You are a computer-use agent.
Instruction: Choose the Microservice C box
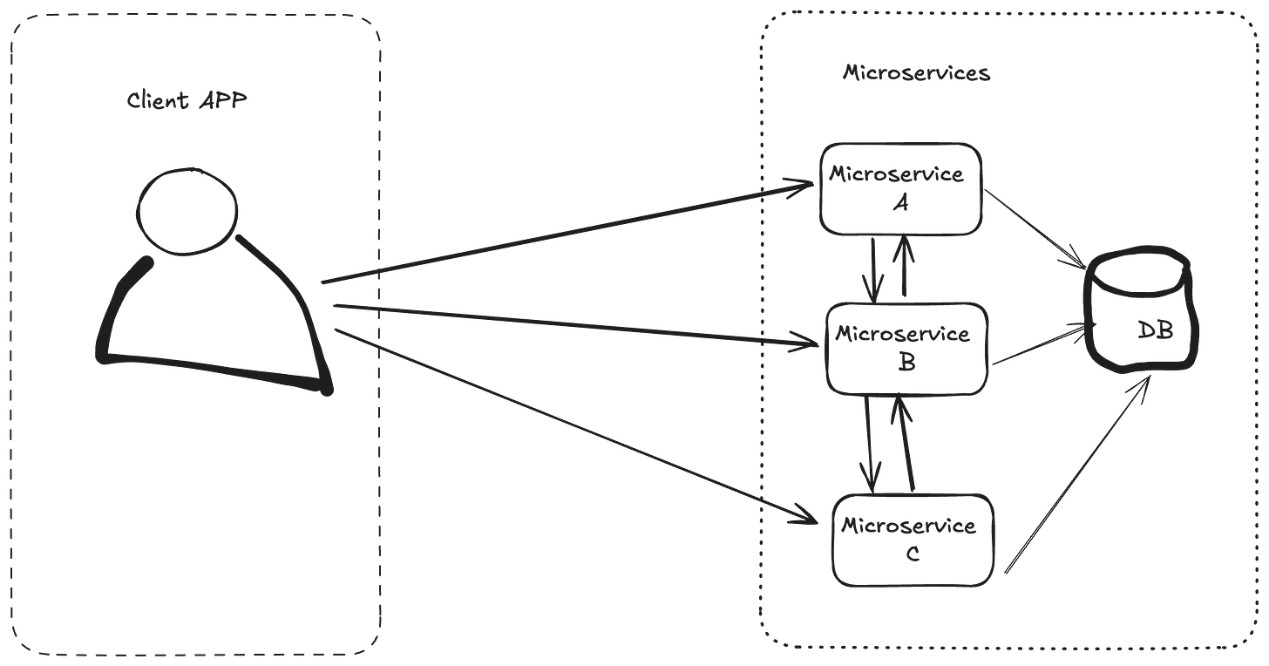(x=913, y=539)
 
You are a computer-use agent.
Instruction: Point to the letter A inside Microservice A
(x=903, y=204)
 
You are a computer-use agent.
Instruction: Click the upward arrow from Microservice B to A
(x=905, y=267)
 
